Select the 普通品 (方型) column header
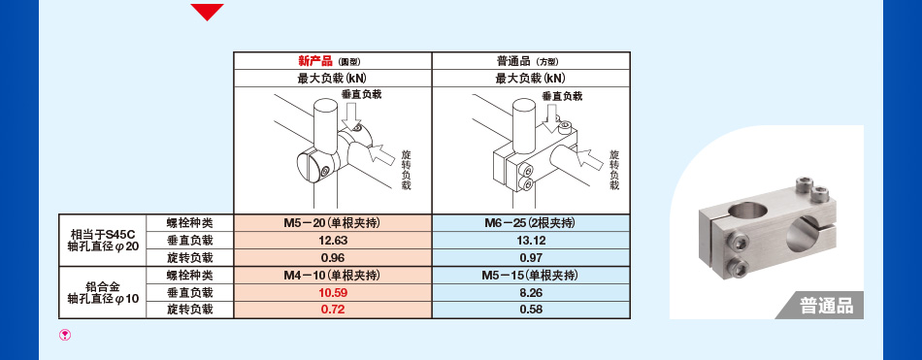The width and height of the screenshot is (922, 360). (x=529, y=60)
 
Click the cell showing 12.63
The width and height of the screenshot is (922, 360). (x=333, y=240)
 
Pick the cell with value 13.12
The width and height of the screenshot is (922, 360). (x=530, y=240)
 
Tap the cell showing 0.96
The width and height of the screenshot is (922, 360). (x=333, y=257)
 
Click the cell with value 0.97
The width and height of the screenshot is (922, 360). (x=530, y=257)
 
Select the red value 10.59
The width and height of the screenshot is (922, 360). (x=333, y=292)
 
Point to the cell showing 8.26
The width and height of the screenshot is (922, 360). (x=530, y=292)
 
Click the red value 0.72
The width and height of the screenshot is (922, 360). (x=333, y=310)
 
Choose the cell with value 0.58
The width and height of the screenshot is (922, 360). (x=530, y=310)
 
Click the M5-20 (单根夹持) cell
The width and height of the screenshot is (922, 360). (x=333, y=222)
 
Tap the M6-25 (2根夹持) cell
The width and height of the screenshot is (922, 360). (x=530, y=222)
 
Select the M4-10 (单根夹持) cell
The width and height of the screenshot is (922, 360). (x=333, y=275)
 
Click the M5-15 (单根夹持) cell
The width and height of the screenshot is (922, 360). (x=530, y=275)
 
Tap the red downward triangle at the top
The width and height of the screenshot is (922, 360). (x=207, y=12)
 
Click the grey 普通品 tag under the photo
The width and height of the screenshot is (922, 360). (x=826, y=306)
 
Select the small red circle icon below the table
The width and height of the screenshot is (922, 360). (x=65, y=335)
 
